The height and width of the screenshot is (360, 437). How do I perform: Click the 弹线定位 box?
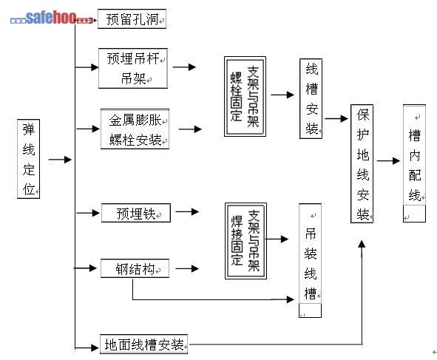(28, 159)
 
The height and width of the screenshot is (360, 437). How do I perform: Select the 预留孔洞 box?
(132, 19)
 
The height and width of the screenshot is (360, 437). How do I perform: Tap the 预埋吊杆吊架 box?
(133, 68)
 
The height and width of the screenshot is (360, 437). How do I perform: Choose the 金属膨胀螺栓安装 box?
(135, 129)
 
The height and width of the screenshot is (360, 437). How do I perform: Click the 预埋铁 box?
(136, 213)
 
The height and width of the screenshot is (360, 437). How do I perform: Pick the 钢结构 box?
(135, 268)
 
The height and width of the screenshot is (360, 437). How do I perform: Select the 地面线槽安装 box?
(143, 344)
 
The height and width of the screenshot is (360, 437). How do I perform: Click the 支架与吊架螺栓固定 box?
(245, 96)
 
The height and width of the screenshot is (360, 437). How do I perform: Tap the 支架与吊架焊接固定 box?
(245, 241)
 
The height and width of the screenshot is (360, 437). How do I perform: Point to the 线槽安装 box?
(311, 98)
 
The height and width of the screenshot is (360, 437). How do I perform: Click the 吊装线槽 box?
(311, 260)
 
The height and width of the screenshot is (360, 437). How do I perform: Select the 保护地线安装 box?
(362, 164)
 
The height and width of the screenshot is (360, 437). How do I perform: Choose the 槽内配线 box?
(414, 163)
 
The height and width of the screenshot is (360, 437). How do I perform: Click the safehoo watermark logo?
(51, 18)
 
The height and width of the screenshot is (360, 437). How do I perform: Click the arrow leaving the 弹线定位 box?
(60, 160)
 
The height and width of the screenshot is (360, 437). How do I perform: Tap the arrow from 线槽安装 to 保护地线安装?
(336, 119)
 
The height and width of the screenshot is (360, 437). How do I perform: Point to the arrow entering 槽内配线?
(388, 160)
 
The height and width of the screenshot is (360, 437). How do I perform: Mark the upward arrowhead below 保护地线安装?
(362, 244)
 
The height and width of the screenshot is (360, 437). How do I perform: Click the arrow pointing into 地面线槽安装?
(87, 347)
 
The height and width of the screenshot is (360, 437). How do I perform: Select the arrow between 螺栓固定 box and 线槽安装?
(282, 95)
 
